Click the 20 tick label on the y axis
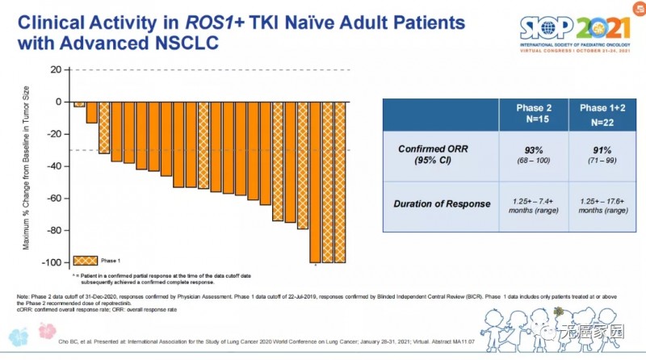click(55, 69)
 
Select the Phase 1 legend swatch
click(85, 261)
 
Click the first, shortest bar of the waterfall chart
click(79, 104)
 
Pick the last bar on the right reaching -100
click(340, 182)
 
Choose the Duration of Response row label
click(442, 204)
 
